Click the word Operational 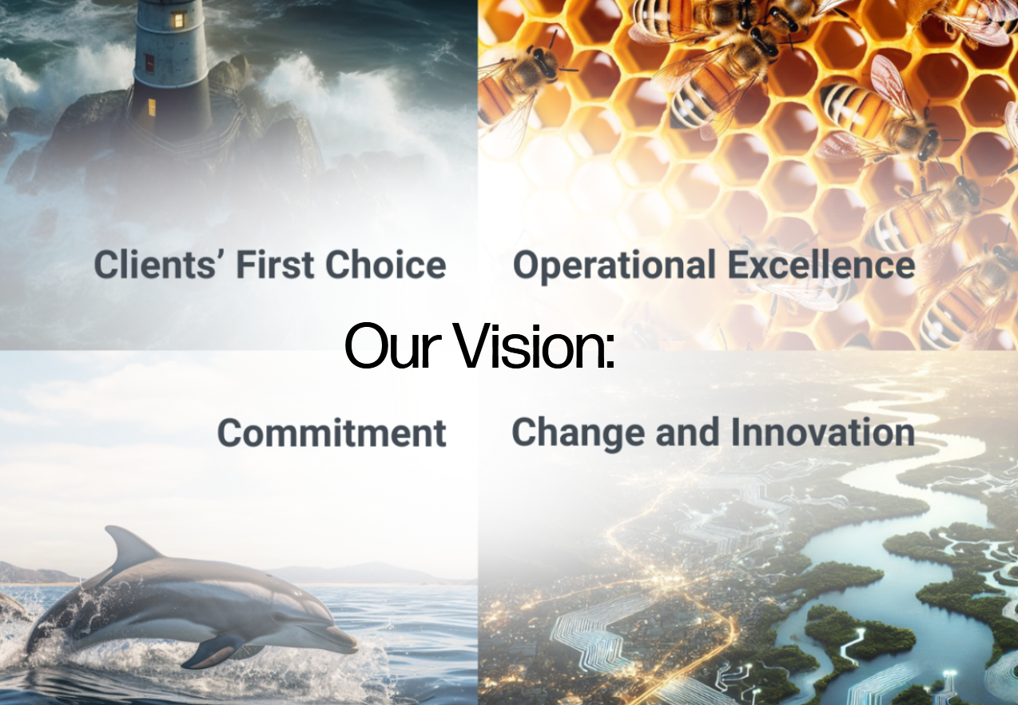614,266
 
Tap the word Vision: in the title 535,345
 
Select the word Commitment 332,432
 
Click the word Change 578,434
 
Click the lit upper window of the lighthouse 179,19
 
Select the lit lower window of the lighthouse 151,107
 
